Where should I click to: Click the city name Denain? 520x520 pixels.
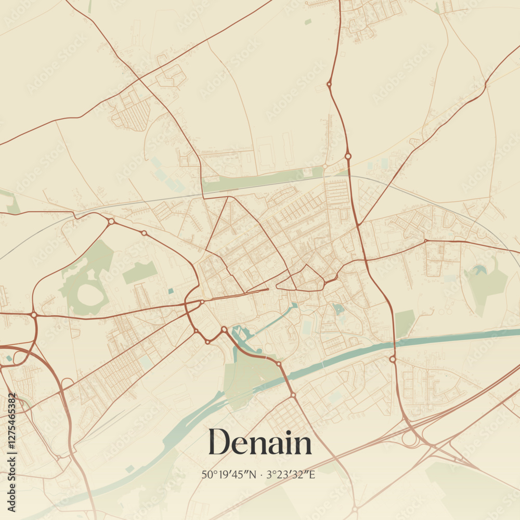tap(260, 443)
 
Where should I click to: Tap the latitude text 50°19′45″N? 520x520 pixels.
tap(229, 474)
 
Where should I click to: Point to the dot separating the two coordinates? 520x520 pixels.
tap(262, 475)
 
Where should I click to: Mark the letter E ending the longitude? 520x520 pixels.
tap(312, 474)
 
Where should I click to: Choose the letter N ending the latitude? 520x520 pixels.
tap(253, 474)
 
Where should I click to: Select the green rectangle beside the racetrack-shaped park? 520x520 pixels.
tap(139, 272)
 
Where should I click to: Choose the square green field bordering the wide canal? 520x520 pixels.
tap(405, 322)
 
